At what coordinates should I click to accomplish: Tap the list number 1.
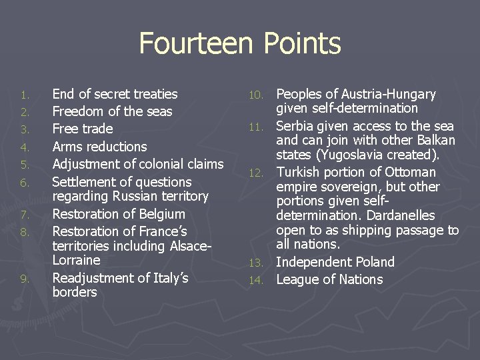point(25,95)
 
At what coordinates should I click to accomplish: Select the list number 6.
point(25,183)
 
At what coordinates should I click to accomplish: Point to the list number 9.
point(25,279)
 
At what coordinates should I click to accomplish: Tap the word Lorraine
point(76,260)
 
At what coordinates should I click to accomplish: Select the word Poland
point(373,262)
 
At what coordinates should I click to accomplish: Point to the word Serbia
point(295,126)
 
